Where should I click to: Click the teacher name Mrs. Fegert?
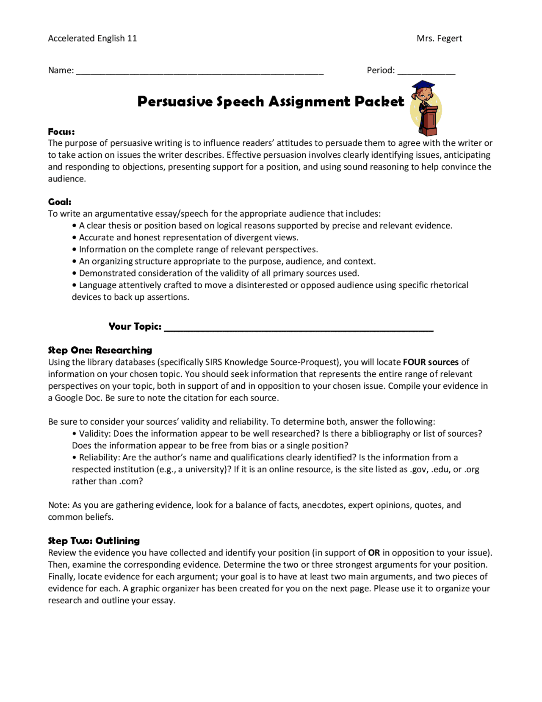click(439, 39)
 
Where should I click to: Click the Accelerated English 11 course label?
click(92, 39)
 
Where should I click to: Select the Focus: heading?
click(61, 131)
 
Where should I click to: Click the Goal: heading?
click(60, 202)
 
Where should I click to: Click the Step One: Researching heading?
click(100, 350)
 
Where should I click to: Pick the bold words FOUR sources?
click(431, 362)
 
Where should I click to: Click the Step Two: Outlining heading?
click(94, 541)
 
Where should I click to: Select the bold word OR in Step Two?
click(374, 553)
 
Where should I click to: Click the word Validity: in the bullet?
click(95, 434)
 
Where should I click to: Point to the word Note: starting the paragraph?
click(58, 505)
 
